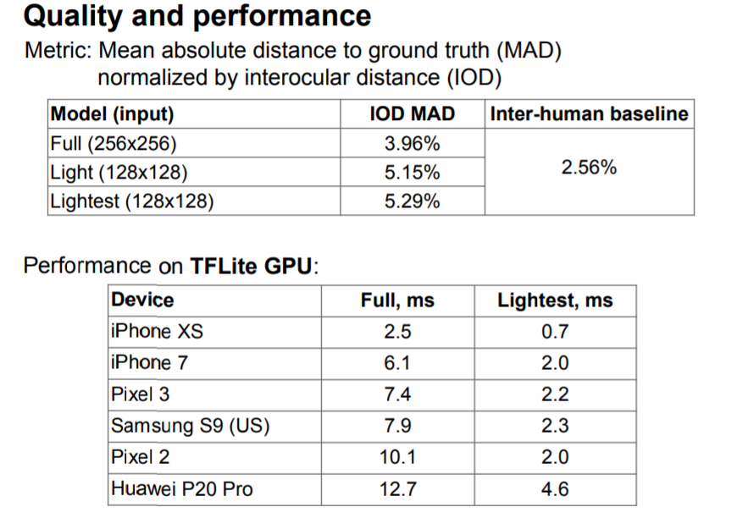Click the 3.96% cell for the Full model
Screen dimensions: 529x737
(x=412, y=144)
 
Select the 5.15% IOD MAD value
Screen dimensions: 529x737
(x=412, y=173)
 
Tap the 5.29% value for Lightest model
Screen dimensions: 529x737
(x=412, y=201)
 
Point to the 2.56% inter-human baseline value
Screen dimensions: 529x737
(x=589, y=168)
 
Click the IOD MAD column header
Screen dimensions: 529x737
(x=413, y=114)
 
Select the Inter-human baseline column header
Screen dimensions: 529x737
(x=589, y=114)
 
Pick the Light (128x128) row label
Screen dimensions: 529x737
(x=119, y=173)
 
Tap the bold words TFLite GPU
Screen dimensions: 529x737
(x=252, y=266)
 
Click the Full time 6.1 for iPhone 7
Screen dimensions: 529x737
(x=397, y=363)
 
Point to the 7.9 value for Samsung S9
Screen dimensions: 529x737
(x=397, y=426)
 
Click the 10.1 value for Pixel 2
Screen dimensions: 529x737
(x=397, y=457)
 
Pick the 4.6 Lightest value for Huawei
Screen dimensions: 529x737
(x=555, y=488)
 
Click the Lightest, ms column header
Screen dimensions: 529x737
(x=555, y=300)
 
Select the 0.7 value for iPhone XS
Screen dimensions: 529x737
(x=555, y=331)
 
